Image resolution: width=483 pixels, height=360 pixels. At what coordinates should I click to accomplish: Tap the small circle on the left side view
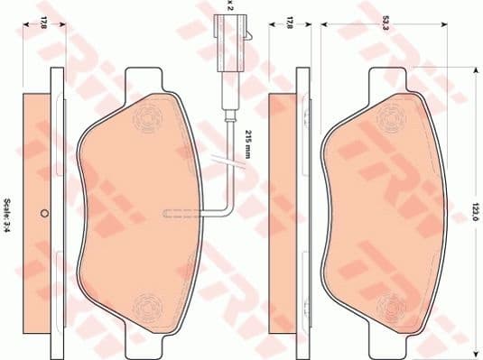(x=43, y=215)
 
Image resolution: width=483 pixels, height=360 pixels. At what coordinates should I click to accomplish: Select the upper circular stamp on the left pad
(x=145, y=119)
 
